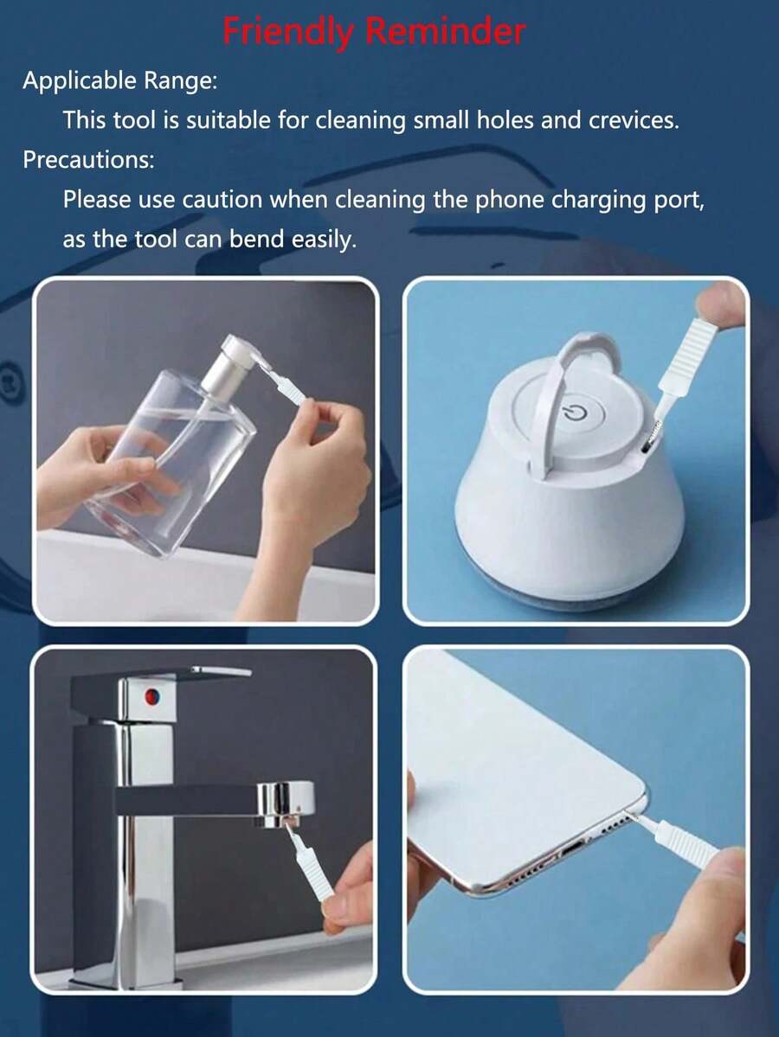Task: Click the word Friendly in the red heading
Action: tap(288, 32)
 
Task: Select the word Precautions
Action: tap(88, 159)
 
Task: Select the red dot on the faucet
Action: tap(152, 695)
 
